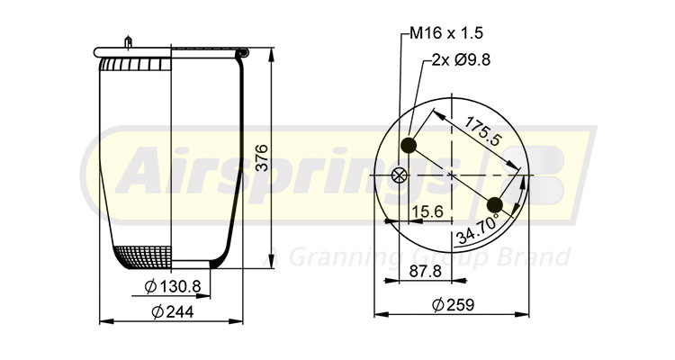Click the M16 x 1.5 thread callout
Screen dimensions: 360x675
point(446,33)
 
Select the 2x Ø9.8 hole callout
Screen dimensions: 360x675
point(463,62)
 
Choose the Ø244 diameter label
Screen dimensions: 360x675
point(173,311)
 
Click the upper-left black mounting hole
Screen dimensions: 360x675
point(410,146)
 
